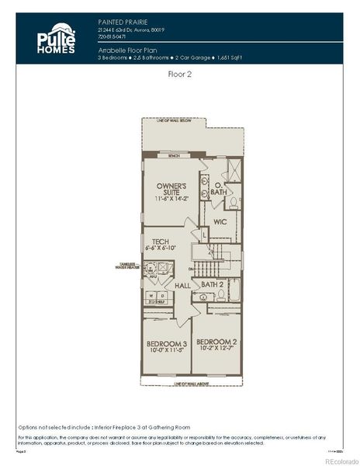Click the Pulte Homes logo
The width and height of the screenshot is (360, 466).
pyautogui.click(x=57, y=38)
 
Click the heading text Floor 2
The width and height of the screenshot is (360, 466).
pyautogui.click(x=180, y=75)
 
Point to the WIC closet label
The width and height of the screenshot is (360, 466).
pyautogui.click(x=220, y=221)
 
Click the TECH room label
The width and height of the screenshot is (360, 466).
pyautogui.click(x=161, y=242)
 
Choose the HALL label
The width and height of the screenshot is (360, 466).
pyautogui.click(x=182, y=286)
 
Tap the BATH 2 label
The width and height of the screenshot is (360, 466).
pyautogui.click(x=212, y=284)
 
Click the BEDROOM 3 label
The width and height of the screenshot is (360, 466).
pyautogui.click(x=167, y=343)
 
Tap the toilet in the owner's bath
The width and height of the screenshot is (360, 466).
pyautogui.click(x=232, y=203)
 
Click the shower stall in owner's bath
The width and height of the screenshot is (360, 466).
pyautogui.click(x=232, y=171)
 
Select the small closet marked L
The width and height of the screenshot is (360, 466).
pyautogui.click(x=203, y=233)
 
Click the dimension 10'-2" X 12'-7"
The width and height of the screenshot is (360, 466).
pyautogui.click(x=215, y=349)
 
